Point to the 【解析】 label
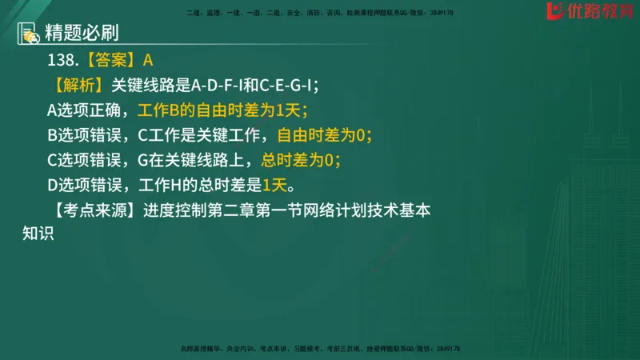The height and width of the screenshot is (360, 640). [x=80, y=85]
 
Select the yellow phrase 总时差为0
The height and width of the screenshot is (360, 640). [x=300, y=161]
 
